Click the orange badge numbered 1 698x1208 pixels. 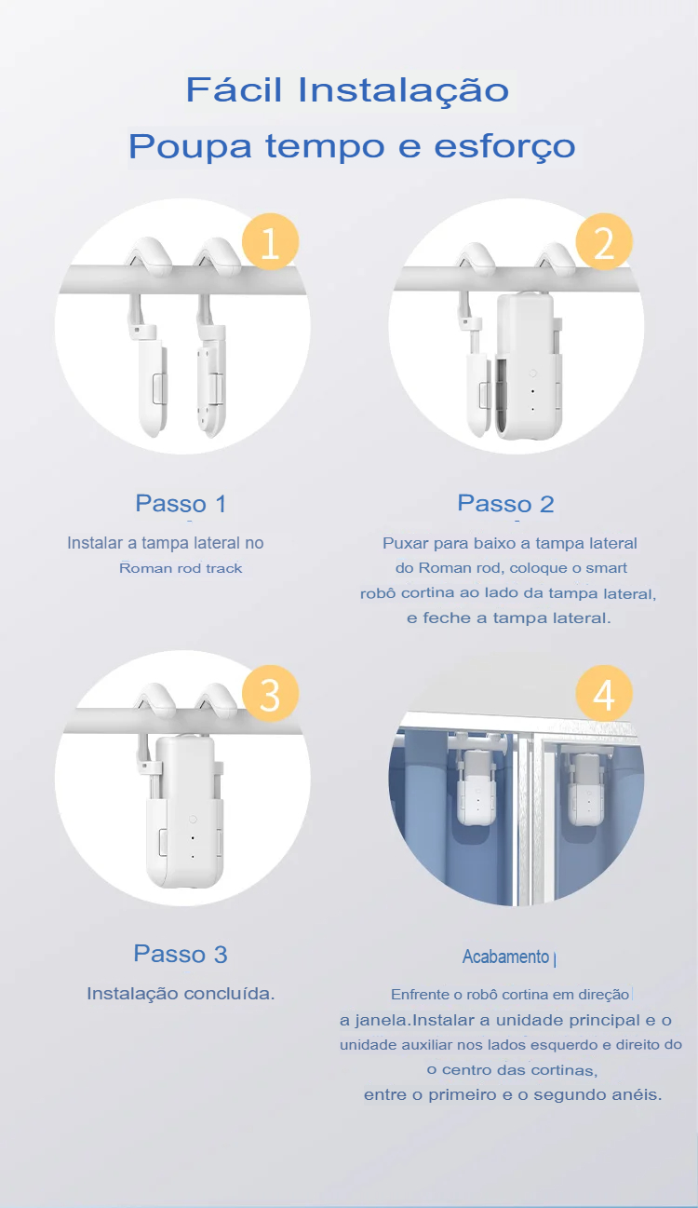tap(270, 241)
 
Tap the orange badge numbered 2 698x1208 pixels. tap(604, 241)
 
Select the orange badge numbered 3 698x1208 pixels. tap(270, 694)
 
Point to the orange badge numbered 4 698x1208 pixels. tap(604, 694)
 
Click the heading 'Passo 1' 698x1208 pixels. tap(181, 504)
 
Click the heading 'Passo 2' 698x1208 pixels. tap(505, 504)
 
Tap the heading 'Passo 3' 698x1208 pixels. tap(181, 954)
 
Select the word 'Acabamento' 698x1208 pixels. tap(505, 957)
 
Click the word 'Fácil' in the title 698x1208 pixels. tap(234, 89)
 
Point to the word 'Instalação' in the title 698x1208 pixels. tap(404, 90)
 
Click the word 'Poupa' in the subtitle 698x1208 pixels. tap(190, 146)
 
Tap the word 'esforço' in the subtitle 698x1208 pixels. tap(505, 145)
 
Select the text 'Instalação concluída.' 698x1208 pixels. tap(181, 994)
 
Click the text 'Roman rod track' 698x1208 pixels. tap(181, 568)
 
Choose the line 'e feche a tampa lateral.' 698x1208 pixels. tap(509, 618)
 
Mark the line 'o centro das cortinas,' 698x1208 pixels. tap(512, 1070)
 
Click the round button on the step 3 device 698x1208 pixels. tap(193, 820)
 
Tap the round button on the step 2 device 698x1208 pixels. tap(532, 373)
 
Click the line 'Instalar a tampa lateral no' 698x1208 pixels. tap(166, 543)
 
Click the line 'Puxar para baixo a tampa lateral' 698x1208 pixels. tap(510, 543)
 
